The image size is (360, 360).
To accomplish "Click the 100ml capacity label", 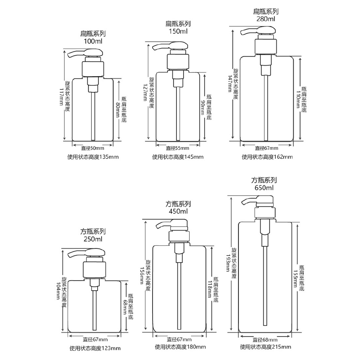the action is (x=93, y=41).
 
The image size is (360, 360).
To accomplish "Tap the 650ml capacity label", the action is (x=264, y=188).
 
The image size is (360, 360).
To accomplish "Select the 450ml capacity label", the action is (x=178, y=211).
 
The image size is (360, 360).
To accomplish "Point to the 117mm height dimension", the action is (x=62, y=97).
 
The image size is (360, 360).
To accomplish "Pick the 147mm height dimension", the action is (x=230, y=84).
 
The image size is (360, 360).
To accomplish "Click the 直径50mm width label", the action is (x=93, y=148).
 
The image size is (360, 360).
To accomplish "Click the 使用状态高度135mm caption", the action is (x=93, y=157).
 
